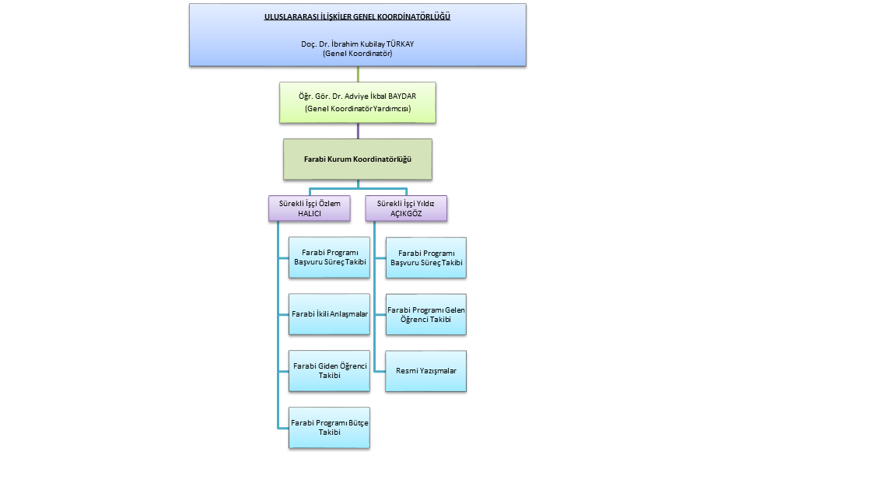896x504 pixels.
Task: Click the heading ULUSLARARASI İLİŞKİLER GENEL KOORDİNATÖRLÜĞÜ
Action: click(358, 16)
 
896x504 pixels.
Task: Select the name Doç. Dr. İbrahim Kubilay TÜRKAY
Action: click(358, 44)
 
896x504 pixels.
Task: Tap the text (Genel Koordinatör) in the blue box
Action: click(358, 54)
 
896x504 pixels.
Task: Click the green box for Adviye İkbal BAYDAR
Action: click(358, 102)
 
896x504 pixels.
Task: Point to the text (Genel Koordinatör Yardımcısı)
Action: click(358, 109)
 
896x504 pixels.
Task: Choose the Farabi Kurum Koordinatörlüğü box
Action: click(358, 159)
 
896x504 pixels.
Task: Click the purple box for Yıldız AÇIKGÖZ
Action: click(406, 208)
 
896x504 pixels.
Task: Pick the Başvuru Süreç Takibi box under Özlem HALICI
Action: click(329, 257)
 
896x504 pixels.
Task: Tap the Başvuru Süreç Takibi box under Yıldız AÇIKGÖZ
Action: click(426, 257)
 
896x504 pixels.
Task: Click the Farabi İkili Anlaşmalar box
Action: click(329, 314)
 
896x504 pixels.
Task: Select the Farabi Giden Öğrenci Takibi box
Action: click(329, 370)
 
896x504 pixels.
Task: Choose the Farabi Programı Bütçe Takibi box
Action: click(329, 427)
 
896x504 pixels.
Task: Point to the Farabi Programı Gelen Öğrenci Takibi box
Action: click(426, 314)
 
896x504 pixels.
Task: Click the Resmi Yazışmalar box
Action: click(426, 371)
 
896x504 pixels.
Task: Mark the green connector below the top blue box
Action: click(358, 74)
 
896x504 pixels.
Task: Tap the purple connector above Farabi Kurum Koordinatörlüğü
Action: click(358, 131)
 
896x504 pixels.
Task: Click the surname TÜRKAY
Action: click(399, 44)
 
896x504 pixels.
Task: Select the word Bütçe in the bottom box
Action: click(358, 422)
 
